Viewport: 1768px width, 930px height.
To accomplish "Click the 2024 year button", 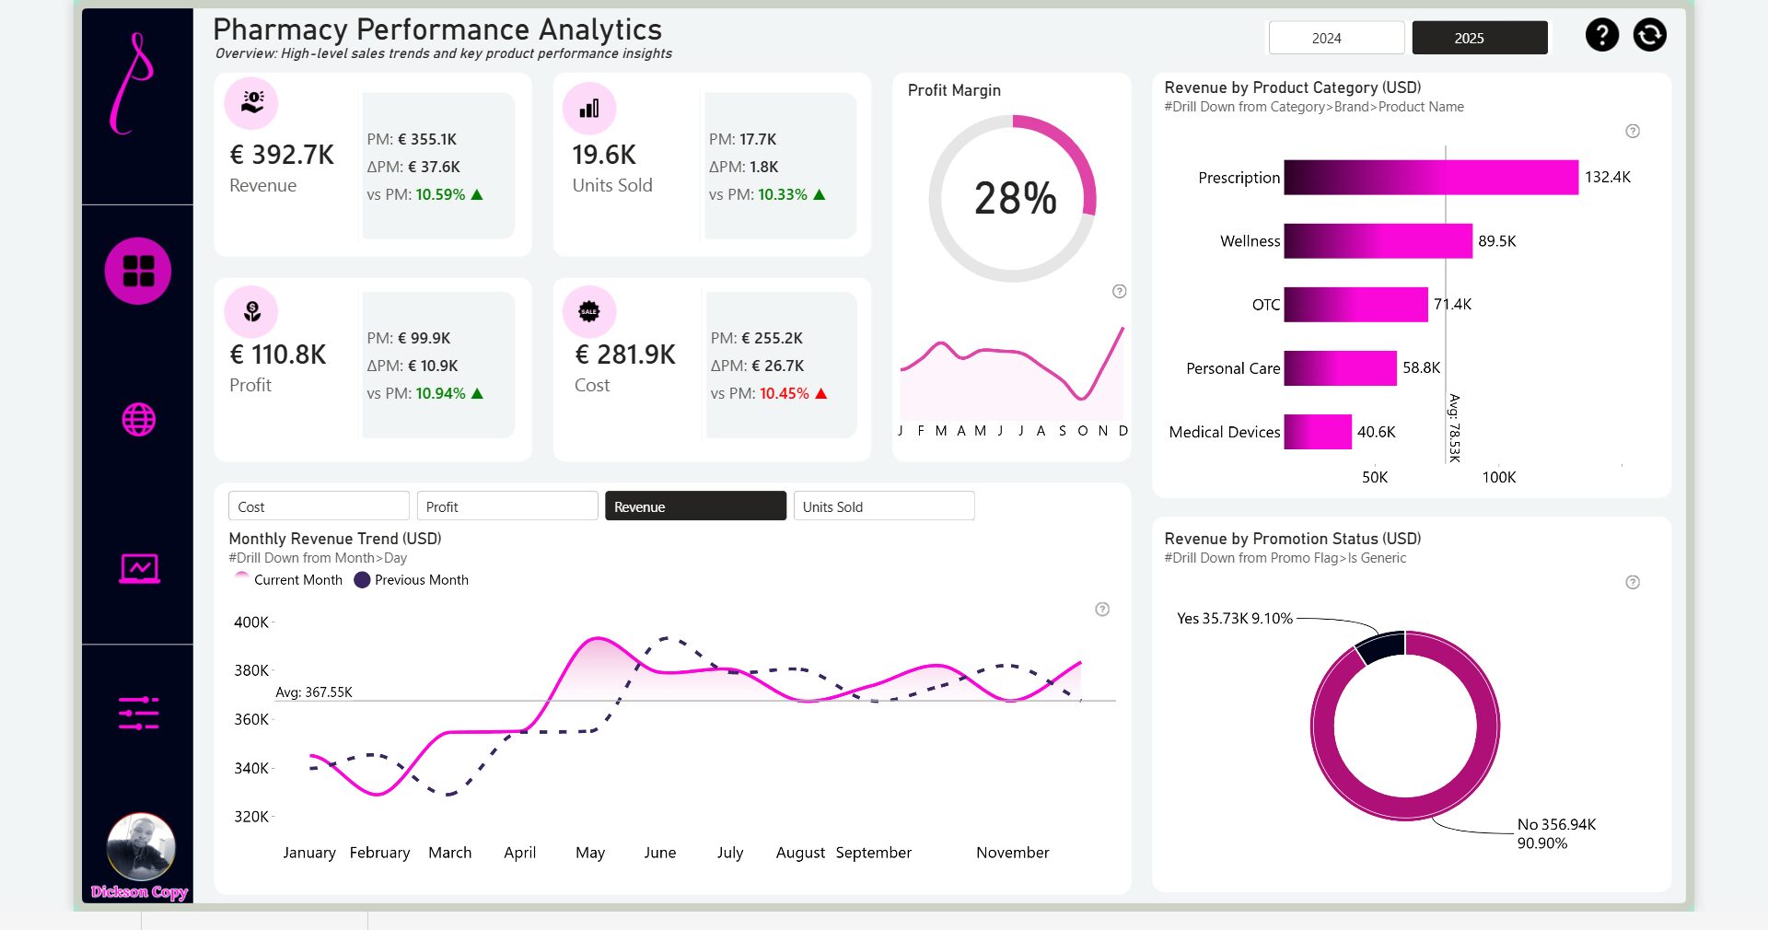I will (x=1335, y=38).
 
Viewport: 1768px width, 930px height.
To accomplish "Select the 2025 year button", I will (x=1479, y=38).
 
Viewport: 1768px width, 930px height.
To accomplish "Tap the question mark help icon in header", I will (x=1601, y=35).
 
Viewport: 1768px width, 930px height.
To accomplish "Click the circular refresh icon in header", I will (x=1649, y=35).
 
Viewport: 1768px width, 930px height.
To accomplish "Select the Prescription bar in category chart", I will (x=1430, y=178).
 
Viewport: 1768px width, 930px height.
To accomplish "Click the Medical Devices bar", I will (x=1317, y=432).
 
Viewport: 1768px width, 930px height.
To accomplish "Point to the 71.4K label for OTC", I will (x=1452, y=305).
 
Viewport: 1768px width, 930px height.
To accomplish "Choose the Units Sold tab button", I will (x=883, y=506).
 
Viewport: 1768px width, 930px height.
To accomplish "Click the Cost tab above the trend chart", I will (x=318, y=506).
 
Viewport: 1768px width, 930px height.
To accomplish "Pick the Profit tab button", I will (x=506, y=506).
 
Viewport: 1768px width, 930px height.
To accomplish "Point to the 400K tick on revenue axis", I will (x=250, y=622).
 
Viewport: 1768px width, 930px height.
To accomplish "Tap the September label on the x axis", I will (x=873, y=853).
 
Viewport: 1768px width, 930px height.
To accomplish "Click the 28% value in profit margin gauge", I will (x=1015, y=199).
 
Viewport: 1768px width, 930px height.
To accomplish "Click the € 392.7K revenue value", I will (x=282, y=155).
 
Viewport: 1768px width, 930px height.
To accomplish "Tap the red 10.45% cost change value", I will (x=784, y=393).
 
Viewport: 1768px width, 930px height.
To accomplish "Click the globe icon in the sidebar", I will (x=138, y=420).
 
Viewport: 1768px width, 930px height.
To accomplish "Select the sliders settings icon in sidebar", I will (x=138, y=714).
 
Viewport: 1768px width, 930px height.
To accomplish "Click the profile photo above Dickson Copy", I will (x=140, y=846).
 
